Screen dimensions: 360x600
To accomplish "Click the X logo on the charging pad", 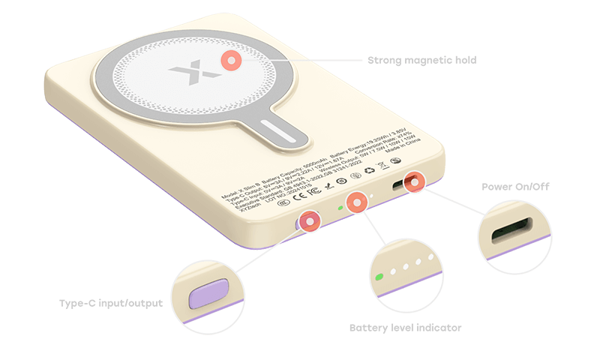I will point(184,75).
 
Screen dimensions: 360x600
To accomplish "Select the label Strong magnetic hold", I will point(421,59).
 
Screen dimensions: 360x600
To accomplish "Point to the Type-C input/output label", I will point(111,304).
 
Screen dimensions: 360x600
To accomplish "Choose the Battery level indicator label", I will point(405,327).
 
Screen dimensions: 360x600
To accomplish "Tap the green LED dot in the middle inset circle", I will point(380,277).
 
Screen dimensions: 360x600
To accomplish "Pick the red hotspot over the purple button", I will point(308,220).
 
